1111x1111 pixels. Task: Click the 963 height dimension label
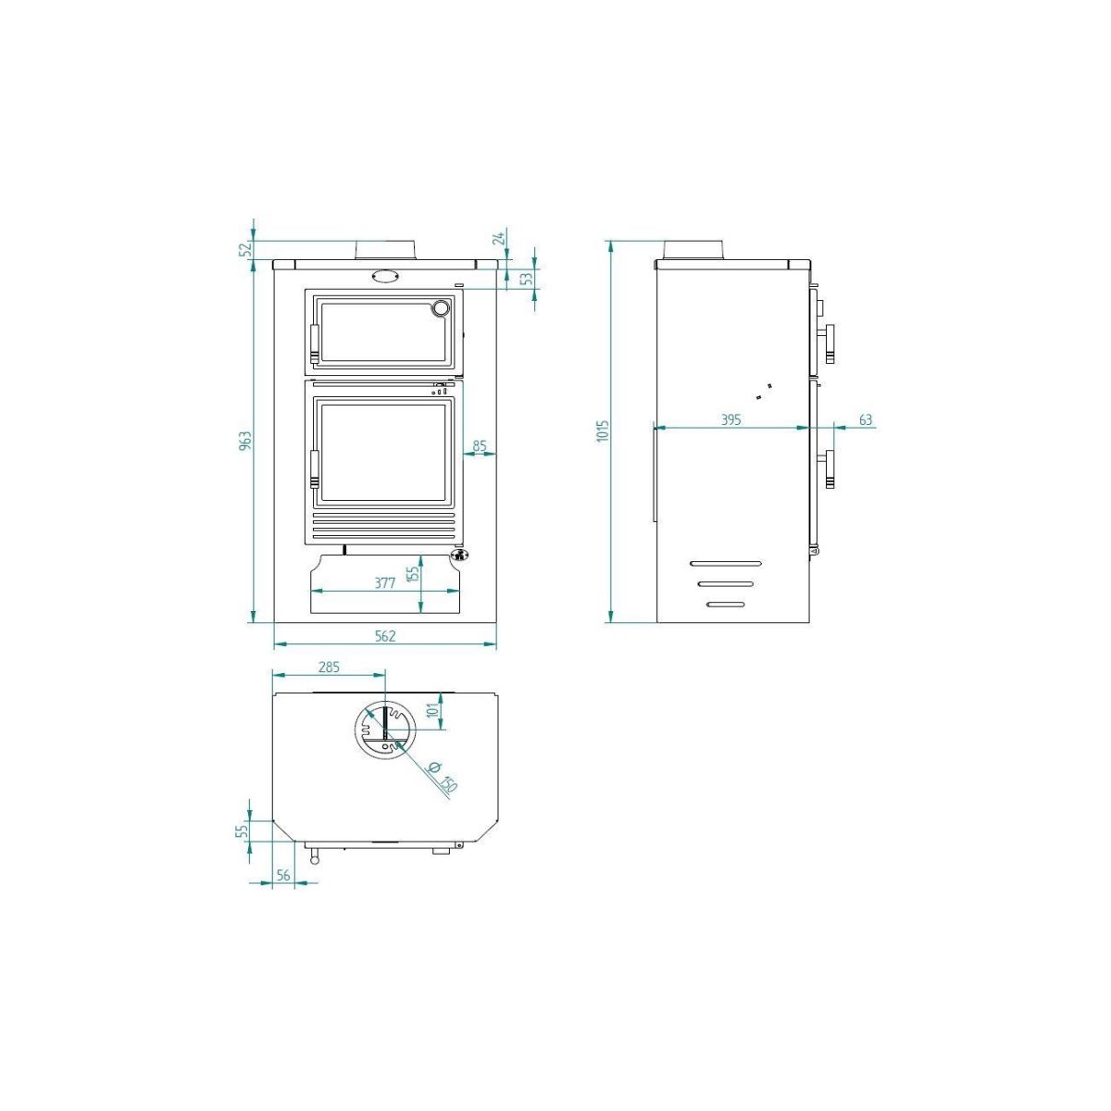[x=245, y=440]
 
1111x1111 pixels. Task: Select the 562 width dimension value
[x=385, y=636]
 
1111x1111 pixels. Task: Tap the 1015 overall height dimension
[x=603, y=431]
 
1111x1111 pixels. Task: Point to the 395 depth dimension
[x=730, y=420]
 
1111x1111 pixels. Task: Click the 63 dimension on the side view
[x=866, y=420]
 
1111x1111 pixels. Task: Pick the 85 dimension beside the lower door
[x=480, y=446]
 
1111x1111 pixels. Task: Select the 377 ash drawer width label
[x=385, y=582]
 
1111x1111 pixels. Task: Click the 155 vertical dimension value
[x=414, y=573]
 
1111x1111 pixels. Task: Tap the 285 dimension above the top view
[x=329, y=667]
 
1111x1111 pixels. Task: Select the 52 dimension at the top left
[x=245, y=248]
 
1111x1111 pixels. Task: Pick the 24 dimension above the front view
[x=500, y=238]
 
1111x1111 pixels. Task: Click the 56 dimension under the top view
[x=283, y=875]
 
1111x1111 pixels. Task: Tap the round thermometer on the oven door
[x=443, y=307]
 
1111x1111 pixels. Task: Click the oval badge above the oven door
[x=384, y=275]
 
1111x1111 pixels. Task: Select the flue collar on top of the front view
[x=384, y=250]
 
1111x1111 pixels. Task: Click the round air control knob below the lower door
[x=457, y=555]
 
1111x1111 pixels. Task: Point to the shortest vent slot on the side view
[x=725, y=605]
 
